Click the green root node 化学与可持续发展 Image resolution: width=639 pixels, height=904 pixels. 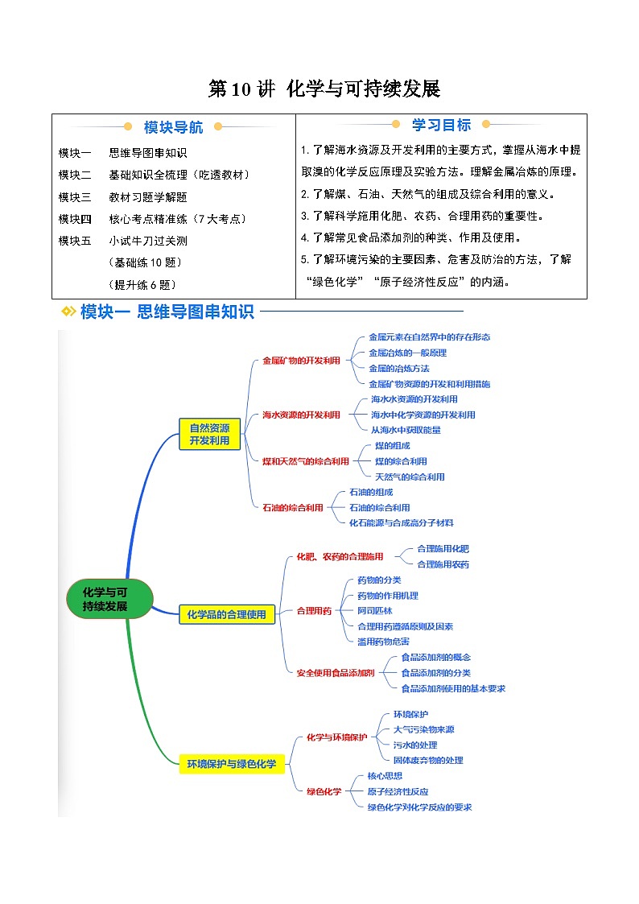click(x=109, y=599)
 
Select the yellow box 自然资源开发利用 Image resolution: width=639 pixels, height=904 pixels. click(x=209, y=434)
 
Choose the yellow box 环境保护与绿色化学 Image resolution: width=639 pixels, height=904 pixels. click(x=232, y=764)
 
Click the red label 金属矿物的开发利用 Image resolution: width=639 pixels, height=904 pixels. click(x=301, y=361)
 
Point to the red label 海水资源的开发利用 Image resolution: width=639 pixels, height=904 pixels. click(x=301, y=415)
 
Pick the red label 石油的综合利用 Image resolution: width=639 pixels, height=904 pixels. click(x=292, y=507)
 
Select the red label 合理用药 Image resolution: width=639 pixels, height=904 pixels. click(x=314, y=611)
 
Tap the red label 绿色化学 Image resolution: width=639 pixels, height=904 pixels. click(x=324, y=791)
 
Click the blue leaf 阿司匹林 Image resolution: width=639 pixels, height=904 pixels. click(x=375, y=611)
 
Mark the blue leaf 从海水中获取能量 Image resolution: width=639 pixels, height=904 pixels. click(x=411, y=430)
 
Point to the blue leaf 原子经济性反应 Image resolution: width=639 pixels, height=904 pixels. click(x=398, y=791)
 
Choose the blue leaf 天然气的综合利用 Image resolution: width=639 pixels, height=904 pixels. click(x=410, y=477)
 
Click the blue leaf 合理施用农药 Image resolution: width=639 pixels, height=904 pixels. click(x=443, y=564)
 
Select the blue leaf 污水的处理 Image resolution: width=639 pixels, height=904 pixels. click(x=415, y=745)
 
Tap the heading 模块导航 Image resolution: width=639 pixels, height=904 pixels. click(x=173, y=126)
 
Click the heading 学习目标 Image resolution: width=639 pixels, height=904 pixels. click(x=441, y=125)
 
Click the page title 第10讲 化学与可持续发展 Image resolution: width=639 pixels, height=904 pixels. click(x=324, y=89)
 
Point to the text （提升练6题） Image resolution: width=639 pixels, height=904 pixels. click(x=141, y=284)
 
